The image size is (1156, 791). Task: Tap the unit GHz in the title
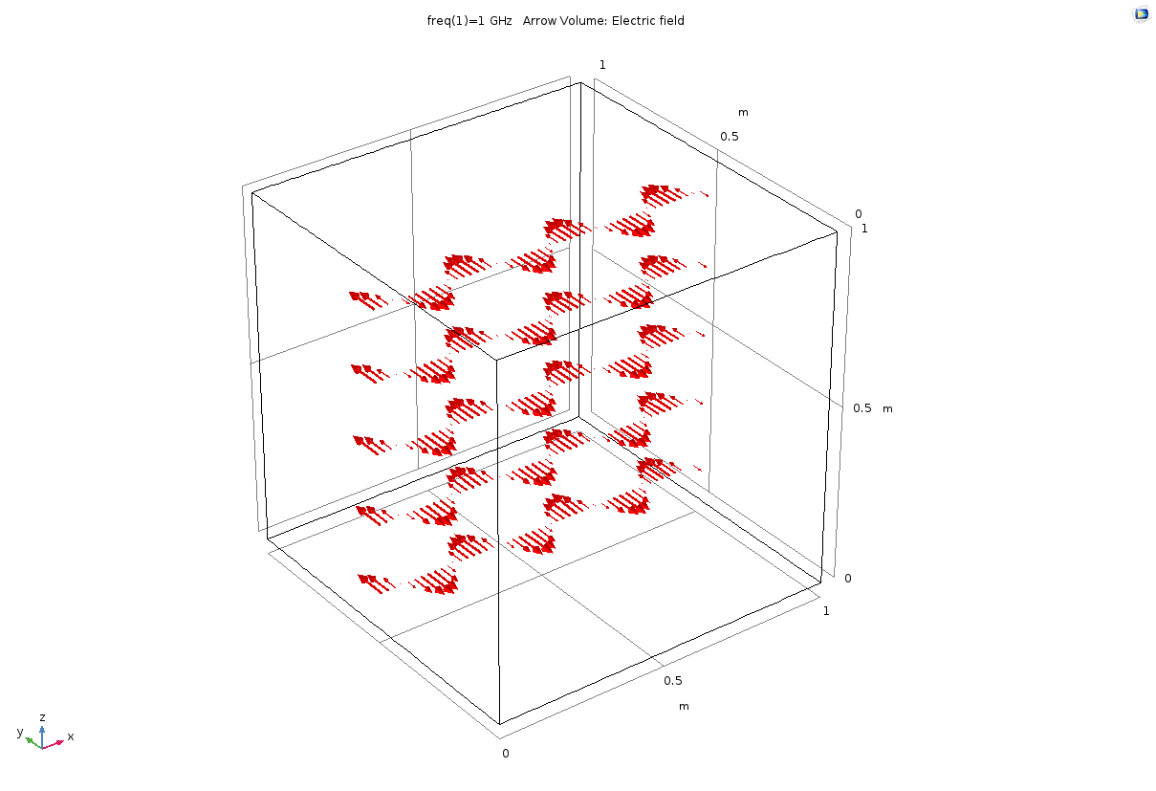[x=501, y=21]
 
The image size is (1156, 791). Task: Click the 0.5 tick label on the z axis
[x=862, y=408]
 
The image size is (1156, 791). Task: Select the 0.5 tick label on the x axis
[x=673, y=681]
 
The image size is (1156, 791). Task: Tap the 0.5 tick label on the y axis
[x=730, y=137]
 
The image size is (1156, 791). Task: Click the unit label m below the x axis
[x=684, y=706]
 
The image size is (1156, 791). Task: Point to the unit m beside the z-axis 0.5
[x=887, y=409]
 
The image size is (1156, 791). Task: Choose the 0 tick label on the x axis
[x=506, y=754]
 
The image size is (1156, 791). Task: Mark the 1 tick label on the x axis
[x=826, y=611]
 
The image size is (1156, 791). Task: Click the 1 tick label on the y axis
[x=602, y=65]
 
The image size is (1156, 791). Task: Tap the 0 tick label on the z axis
[x=848, y=579]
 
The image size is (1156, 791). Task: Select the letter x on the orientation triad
[x=71, y=736]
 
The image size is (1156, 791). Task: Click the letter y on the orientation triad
[x=20, y=732]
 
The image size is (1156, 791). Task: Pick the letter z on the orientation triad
[x=42, y=717]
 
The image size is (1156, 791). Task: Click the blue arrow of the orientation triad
[x=42, y=736]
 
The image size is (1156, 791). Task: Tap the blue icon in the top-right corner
[x=1141, y=14]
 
